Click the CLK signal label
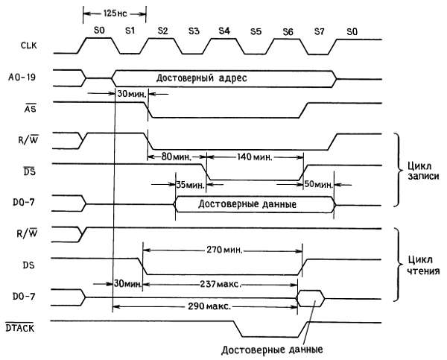pyautogui.click(x=28, y=47)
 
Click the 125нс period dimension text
pyautogui.click(x=114, y=14)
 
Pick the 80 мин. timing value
pyautogui.click(x=177, y=157)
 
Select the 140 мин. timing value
pyautogui.click(x=255, y=157)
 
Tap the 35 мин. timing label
pyautogui.click(x=190, y=184)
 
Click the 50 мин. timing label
pyautogui.click(x=318, y=184)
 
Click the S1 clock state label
pyautogui.click(x=130, y=30)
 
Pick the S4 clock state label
pyautogui.click(x=224, y=30)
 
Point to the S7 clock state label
pyautogui.click(x=319, y=30)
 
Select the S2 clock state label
pyautogui.click(x=162, y=30)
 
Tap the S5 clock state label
pyautogui.click(x=256, y=30)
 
